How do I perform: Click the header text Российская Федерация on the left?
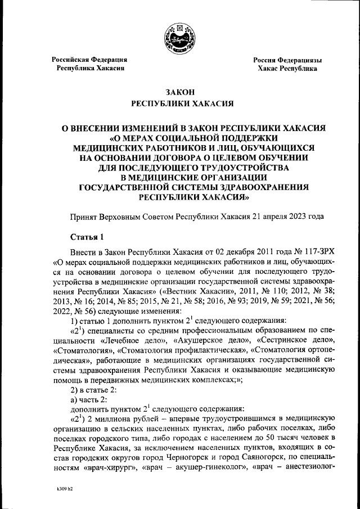click(x=89, y=59)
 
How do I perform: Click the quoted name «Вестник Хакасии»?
click(x=193, y=292)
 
